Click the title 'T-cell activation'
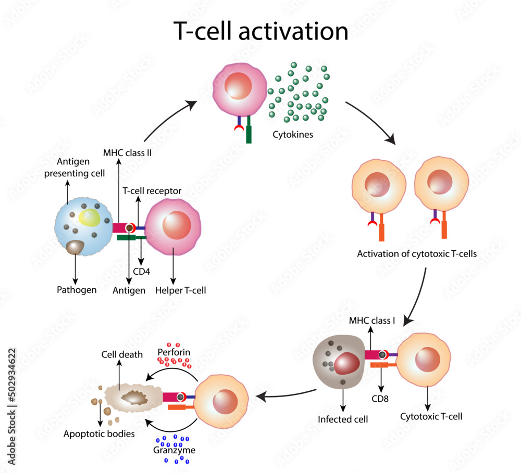point(260,32)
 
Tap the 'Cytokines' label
point(293,134)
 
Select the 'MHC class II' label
point(127,153)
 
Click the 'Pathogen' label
point(77,290)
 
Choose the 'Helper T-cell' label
point(180,290)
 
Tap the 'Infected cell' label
point(343,419)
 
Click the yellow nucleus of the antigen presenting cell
point(90,217)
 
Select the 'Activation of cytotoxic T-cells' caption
point(417,254)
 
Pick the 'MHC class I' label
point(371,321)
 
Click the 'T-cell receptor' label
point(152,191)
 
